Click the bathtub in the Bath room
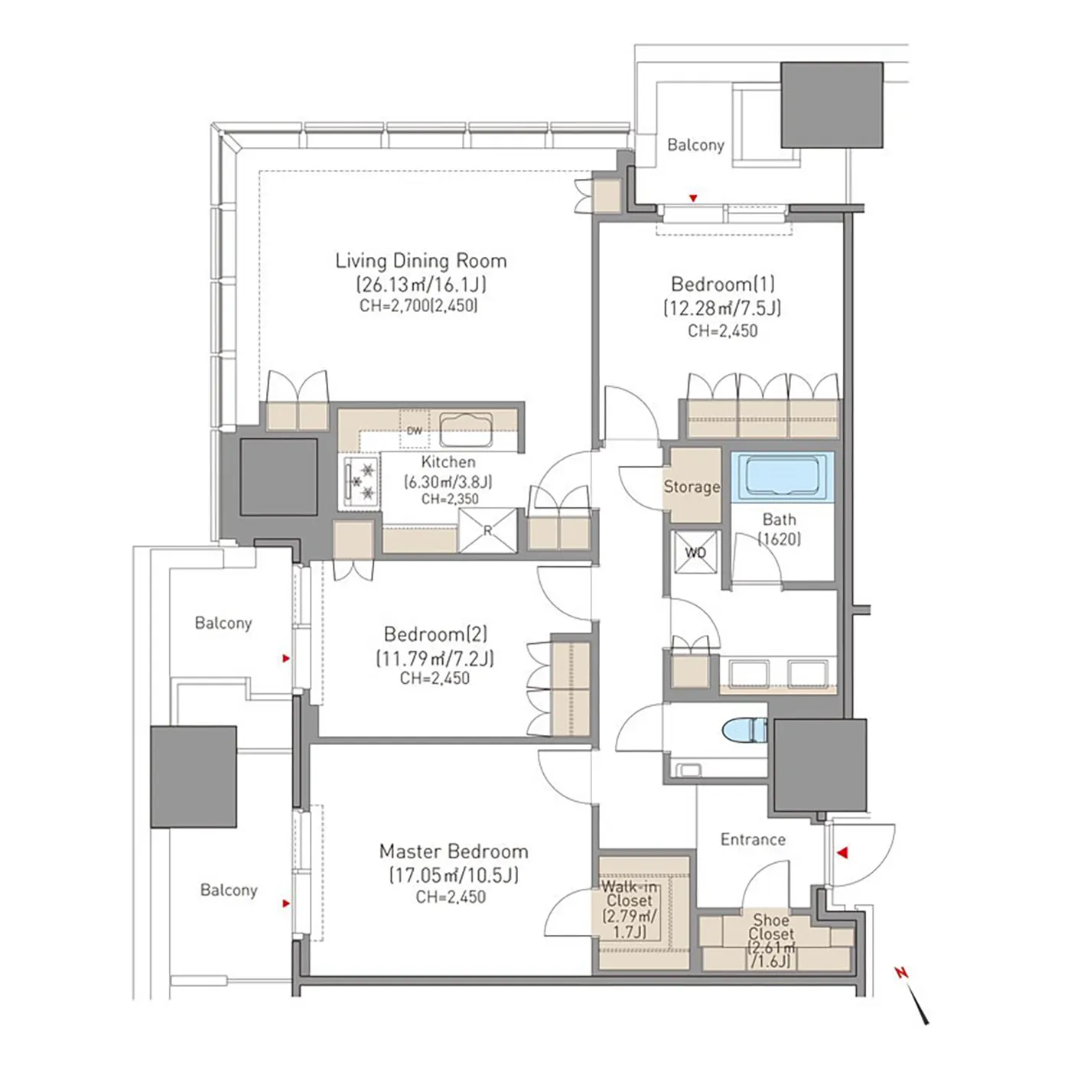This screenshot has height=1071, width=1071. click(781, 477)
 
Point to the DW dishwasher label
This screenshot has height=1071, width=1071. click(414, 431)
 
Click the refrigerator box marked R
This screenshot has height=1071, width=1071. click(487, 530)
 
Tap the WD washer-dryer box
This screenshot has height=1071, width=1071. click(695, 552)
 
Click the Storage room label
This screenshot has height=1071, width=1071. click(692, 487)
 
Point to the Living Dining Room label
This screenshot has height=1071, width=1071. click(421, 261)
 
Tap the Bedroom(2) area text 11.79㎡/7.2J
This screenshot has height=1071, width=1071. click(435, 659)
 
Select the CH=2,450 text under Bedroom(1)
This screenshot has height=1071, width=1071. click(722, 330)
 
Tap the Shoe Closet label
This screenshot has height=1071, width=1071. click(771, 928)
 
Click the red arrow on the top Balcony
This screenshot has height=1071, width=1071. click(692, 198)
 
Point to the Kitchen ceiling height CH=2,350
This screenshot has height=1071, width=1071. click(450, 499)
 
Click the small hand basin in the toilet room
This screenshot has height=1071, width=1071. click(689, 770)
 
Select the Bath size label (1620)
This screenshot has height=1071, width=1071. click(780, 539)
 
